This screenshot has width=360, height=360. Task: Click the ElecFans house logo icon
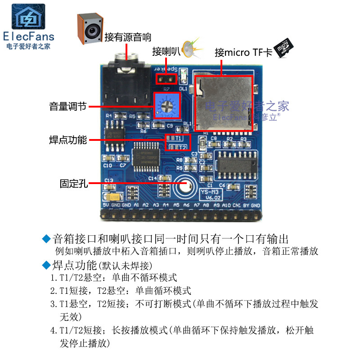[28, 17]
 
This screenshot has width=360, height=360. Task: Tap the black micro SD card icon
[283, 47]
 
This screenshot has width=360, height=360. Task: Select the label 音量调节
[67, 107]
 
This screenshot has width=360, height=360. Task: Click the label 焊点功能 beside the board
[67, 139]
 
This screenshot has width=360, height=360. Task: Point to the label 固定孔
[73, 183]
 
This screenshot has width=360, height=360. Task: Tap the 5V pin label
[106, 206]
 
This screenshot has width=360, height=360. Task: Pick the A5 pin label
[176, 206]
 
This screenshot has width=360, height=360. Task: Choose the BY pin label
[246, 206]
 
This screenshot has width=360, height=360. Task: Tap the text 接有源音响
[128, 37]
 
